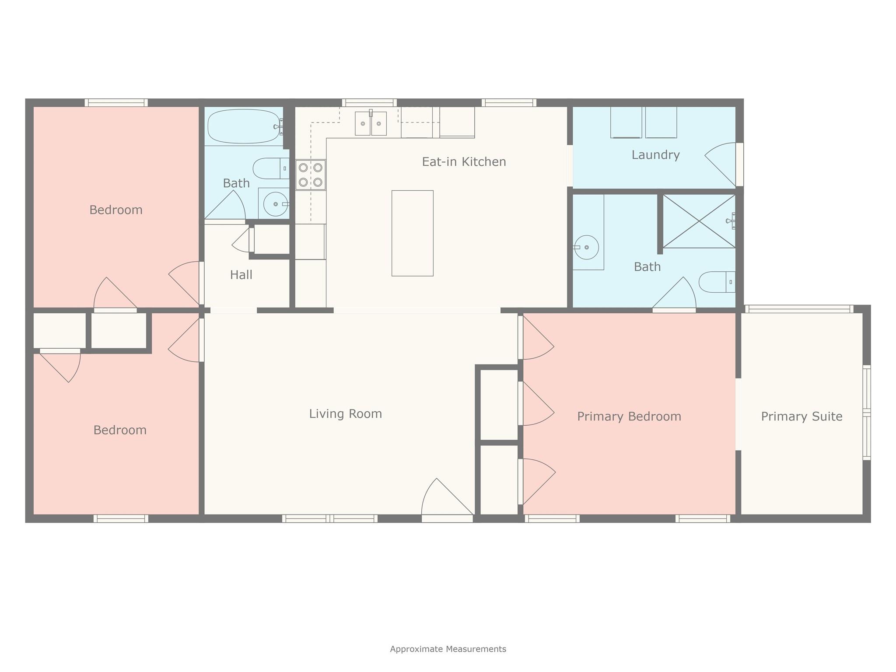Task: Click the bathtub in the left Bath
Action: click(243, 126)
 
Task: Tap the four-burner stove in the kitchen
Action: click(311, 175)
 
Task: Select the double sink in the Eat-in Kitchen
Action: click(371, 123)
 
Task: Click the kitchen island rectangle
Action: click(413, 233)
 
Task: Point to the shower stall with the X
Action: click(699, 221)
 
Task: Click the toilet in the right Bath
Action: click(717, 282)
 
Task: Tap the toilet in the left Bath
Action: click(271, 168)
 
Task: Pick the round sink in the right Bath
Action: click(586, 247)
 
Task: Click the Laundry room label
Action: click(655, 155)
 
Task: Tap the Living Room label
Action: click(346, 413)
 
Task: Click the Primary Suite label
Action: click(801, 416)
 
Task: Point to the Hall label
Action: click(241, 275)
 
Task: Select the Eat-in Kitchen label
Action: click(464, 161)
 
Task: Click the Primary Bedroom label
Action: click(629, 416)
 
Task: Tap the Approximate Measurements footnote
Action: click(448, 649)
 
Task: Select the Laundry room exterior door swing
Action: click(720, 164)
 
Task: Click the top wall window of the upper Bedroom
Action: click(116, 103)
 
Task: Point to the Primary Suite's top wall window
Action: click(799, 309)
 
